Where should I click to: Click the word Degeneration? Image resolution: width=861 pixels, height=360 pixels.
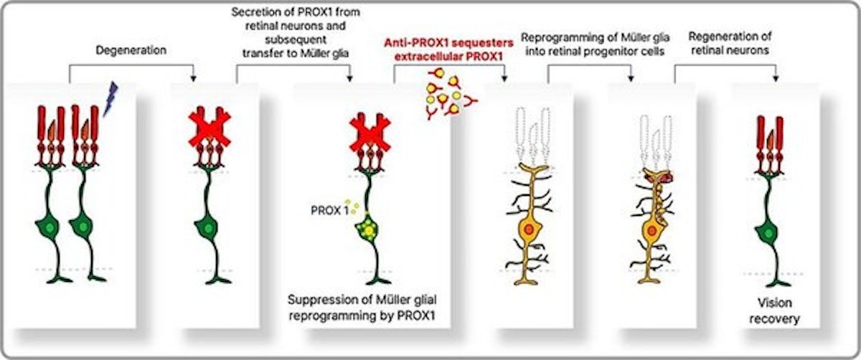click(x=131, y=50)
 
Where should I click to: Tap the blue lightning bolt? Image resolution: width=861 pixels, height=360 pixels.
click(x=110, y=99)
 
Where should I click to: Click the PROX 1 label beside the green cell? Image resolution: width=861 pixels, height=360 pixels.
click(x=329, y=210)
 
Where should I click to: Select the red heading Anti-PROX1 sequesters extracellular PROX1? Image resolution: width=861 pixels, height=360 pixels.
click(x=449, y=49)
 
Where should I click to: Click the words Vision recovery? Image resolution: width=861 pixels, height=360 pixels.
click(x=774, y=311)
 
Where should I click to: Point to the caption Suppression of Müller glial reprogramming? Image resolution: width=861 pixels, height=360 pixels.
click(x=362, y=308)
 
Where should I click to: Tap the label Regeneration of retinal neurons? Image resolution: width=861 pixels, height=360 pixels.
click(x=730, y=43)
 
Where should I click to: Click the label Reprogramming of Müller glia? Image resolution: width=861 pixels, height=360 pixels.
click(x=596, y=38)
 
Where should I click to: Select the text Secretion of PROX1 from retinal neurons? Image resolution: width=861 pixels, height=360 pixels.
click(x=296, y=19)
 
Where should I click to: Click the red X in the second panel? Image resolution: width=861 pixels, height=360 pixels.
click(x=210, y=128)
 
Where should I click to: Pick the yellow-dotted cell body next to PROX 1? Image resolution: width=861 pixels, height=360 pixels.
click(x=368, y=229)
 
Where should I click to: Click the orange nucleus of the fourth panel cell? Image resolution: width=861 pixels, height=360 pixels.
click(x=529, y=229)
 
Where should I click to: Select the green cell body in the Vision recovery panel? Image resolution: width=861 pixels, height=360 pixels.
click(x=768, y=233)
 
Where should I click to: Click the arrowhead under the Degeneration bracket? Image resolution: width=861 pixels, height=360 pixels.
click(x=193, y=78)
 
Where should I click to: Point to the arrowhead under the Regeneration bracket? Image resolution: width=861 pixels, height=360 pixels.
click(x=776, y=78)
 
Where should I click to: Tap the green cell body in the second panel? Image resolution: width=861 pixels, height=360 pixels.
click(x=207, y=228)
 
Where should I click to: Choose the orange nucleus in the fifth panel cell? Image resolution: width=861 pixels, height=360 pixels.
click(x=652, y=230)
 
